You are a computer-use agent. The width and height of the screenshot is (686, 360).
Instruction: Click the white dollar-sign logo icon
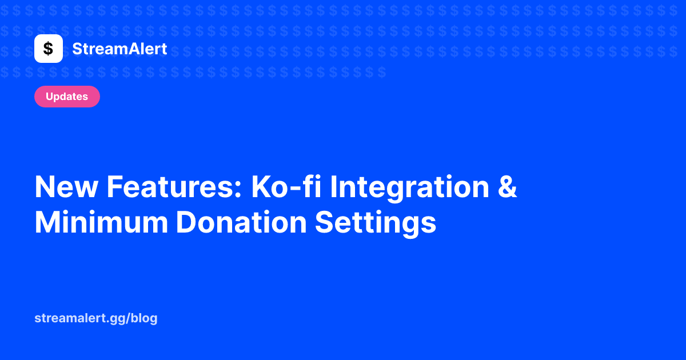[x=49, y=49]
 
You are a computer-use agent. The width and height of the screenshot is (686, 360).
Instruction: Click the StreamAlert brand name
[x=119, y=49]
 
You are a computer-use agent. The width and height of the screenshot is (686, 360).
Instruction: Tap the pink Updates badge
[x=67, y=97]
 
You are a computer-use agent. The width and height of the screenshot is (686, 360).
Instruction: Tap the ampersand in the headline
[x=506, y=187]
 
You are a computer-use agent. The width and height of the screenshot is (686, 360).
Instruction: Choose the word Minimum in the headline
[x=102, y=222]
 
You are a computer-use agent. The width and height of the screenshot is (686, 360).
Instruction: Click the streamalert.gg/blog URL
[x=96, y=319]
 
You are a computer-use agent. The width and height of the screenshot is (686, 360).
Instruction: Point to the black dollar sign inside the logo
[x=49, y=49]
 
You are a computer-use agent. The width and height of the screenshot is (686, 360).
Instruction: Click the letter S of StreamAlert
[x=77, y=49]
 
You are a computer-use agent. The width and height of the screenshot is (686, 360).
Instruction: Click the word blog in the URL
[x=144, y=319]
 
